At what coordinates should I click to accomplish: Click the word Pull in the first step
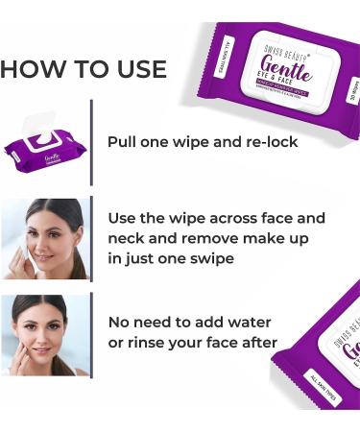click(x=124, y=142)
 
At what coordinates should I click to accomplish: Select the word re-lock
click(x=271, y=142)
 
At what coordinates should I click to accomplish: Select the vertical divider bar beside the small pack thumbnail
click(x=91, y=142)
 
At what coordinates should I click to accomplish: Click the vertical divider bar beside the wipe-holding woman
click(x=91, y=238)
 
